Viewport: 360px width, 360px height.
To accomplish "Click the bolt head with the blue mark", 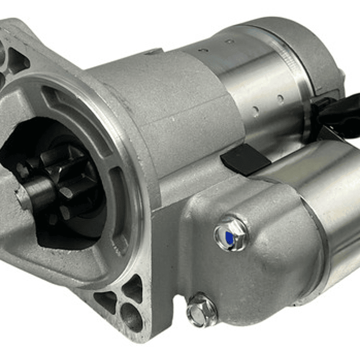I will coord(231,234).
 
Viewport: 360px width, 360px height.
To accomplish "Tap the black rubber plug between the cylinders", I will coord(245,159).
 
